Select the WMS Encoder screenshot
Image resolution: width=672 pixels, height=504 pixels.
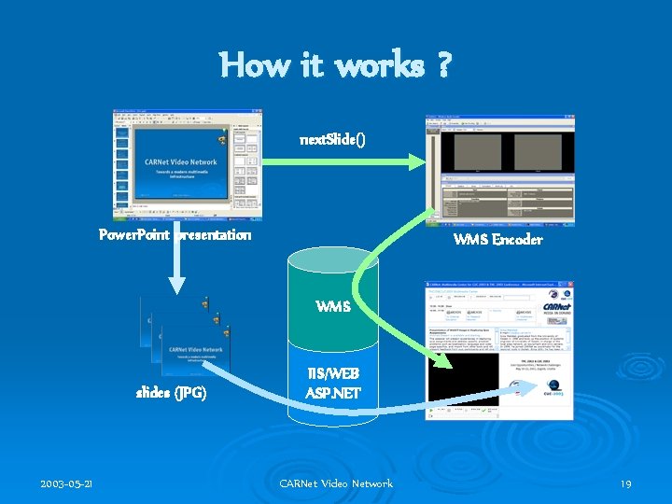coord(499,168)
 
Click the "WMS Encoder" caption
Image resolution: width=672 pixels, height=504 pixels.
coord(497,240)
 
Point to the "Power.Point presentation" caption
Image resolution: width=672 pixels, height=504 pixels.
coord(175,234)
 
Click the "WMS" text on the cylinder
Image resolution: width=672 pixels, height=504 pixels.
coord(334,306)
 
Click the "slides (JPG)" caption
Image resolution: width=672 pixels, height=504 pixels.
coord(172,393)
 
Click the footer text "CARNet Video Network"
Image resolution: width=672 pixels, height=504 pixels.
coord(336,483)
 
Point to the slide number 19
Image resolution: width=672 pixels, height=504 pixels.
coord(625,483)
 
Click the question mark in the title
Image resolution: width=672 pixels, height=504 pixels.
coord(441,65)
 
